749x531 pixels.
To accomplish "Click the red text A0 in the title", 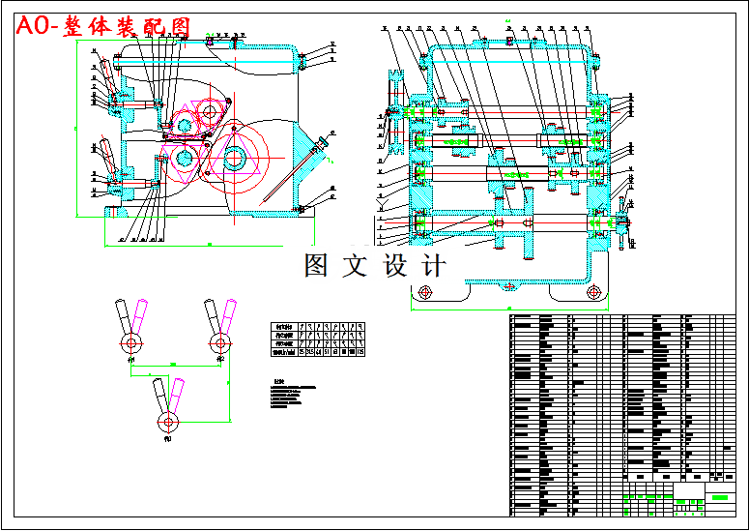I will pos(36,27).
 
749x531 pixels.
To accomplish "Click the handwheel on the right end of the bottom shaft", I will pos(621,222).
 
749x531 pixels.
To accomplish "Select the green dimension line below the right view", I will pos(508,309).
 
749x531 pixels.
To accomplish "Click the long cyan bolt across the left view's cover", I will pos(208,62).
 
